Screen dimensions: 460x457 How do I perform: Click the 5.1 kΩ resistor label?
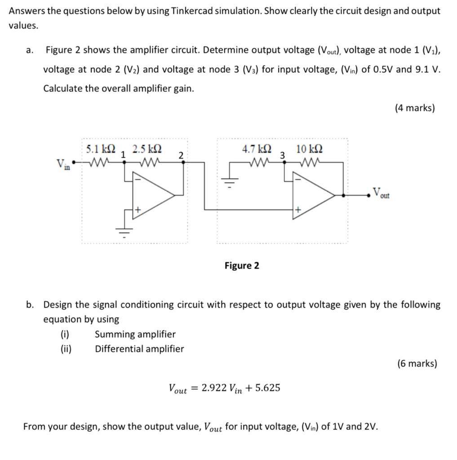pyautogui.click(x=101, y=147)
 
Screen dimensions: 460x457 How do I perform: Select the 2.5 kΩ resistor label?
pyautogui.click(x=147, y=148)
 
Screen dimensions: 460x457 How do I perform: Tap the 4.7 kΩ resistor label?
pyautogui.click(x=257, y=148)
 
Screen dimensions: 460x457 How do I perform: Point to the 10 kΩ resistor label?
pyautogui.click(x=309, y=148)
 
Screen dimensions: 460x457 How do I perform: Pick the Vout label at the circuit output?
pyautogui.click(x=381, y=195)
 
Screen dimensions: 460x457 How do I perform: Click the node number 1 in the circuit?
pyautogui.click(x=124, y=154)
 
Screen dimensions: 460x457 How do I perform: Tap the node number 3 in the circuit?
pyautogui.click(x=282, y=155)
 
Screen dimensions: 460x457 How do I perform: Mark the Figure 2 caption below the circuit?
pyautogui.click(x=242, y=265)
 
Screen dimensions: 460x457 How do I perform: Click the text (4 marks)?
pyautogui.click(x=414, y=108)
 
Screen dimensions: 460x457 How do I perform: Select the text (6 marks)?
pyautogui.click(x=417, y=363)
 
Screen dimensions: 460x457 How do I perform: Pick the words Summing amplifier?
pyautogui.click(x=135, y=334)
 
